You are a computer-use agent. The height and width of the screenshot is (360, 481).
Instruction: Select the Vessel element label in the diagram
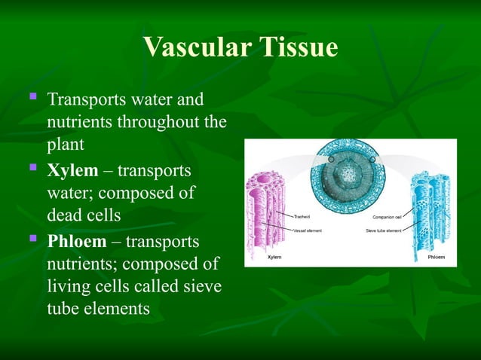click(308, 230)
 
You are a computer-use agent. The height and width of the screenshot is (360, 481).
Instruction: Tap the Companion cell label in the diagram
click(387, 216)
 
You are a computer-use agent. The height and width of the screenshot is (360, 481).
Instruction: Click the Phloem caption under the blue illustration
click(436, 257)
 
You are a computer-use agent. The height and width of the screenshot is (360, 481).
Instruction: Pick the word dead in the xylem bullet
click(64, 215)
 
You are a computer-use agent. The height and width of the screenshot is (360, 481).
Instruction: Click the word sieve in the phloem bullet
click(204, 287)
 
